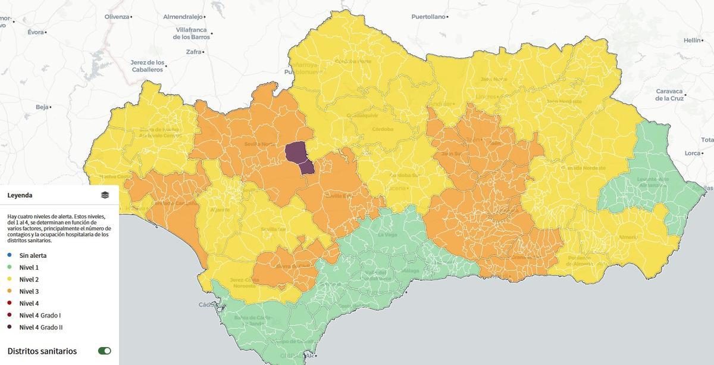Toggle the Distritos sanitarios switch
(x=105, y=351)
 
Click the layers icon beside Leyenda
(x=105, y=195)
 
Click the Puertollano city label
(x=428, y=17)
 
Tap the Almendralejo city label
(x=183, y=17)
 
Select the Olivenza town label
(x=117, y=17)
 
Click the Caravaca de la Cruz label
(x=670, y=95)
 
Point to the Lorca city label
(x=693, y=153)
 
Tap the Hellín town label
(x=693, y=40)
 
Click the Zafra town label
(x=193, y=52)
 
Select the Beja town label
(x=42, y=107)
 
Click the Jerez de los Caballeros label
(x=148, y=65)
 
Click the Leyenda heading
(x=20, y=195)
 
